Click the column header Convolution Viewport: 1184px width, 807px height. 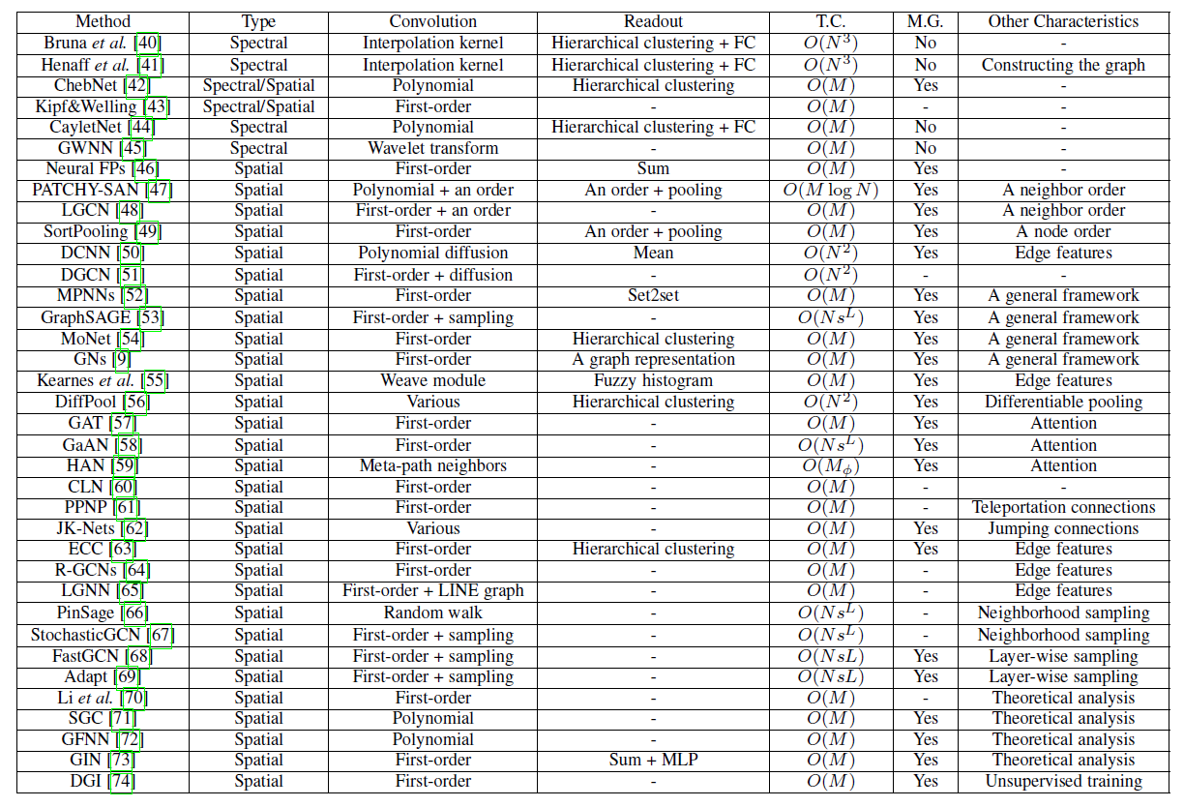tap(432, 20)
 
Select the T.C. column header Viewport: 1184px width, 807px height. tap(831, 20)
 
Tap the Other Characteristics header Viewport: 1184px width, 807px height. tap(1063, 20)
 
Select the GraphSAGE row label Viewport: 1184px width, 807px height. tap(88, 317)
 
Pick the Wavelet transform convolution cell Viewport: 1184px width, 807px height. tap(432, 148)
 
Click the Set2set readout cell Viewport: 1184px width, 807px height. tap(653, 296)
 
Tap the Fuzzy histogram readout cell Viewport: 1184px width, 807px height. tap(653, 380)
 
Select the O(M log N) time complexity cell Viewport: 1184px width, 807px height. tap(831, 190)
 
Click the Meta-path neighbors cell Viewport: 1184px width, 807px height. tap(432, 465)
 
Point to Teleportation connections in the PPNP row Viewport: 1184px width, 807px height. tap(1063, 507)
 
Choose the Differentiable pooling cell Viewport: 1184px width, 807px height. tap(1063, 402)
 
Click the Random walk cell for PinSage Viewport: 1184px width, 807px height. tap(432, 613)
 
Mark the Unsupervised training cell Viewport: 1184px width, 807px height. tap(1063, 781)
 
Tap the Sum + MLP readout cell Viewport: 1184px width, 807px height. tap(653, 760)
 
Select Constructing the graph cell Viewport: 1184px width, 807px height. tap(1063, 65)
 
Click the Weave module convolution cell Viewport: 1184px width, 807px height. tap(432, 380)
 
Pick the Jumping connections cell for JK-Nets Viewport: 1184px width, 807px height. tap(1063, 528)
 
